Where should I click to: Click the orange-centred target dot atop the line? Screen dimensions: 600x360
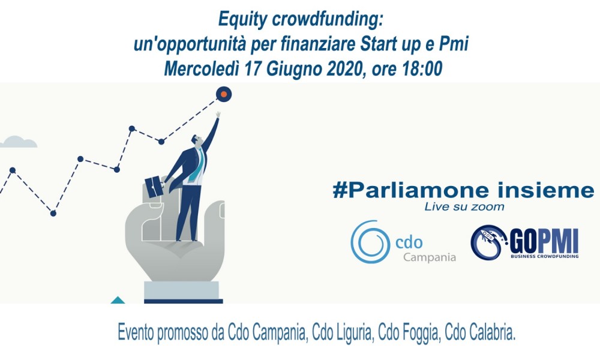coord(224,94)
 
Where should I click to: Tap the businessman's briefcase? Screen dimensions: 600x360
coord(155,187)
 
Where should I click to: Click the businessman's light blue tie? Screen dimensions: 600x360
coord(197,167)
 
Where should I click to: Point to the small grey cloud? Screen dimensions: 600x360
coord(19,142)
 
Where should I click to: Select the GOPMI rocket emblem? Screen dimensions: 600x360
coord(489,242)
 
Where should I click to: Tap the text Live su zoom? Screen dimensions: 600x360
coord(464,207)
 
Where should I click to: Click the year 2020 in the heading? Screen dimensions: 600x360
coord(343,69)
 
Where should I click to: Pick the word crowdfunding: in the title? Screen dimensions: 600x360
coord(327,20)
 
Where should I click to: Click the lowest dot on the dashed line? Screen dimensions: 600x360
coord(53,213)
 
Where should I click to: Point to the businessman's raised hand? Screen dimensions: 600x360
coord(218,115)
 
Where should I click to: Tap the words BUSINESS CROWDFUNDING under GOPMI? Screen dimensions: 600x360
coord(545,256)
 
